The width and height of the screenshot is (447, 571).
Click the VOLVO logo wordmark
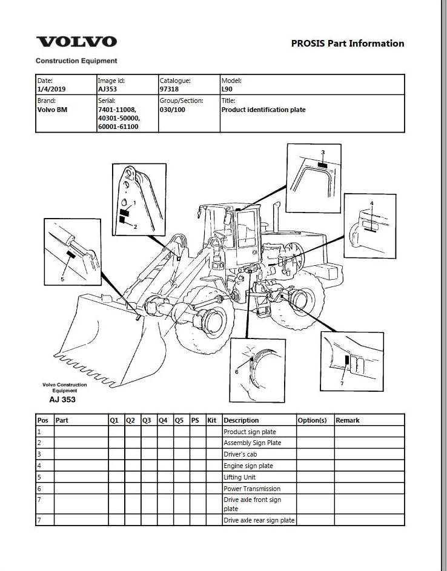(x=76, y=42)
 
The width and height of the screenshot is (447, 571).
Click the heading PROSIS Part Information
(x=348, y=44)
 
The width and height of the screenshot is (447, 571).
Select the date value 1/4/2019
(x=51, y=89)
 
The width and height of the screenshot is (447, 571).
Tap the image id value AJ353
(x=107, y=89)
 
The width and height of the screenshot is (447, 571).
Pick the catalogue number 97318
(x=169, y=89)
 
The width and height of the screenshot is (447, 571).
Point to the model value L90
(x=227, y=89)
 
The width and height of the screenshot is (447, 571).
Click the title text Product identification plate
(x=263, y=110)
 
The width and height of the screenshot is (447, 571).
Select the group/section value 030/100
(x=172, y=110)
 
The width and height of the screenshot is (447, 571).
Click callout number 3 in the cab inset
(x=323, y=152)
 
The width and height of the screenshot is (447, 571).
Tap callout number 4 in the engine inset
(x=371, y=203)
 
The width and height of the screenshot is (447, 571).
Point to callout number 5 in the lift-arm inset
(x=62, y=279)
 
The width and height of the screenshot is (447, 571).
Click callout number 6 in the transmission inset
(x=237, y=372)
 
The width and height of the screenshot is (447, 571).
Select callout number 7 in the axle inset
(x=342, y=383)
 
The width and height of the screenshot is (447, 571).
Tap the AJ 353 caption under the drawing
(x=62, y=400)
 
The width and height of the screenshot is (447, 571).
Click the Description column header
(x=241, y=420)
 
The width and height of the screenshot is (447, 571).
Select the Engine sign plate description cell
(x=248, y=466)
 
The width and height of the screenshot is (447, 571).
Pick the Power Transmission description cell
(x=252, y=489)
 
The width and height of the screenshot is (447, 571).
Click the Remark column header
(x=348, y=420)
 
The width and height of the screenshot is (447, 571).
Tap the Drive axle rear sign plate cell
(x=259, y=520)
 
